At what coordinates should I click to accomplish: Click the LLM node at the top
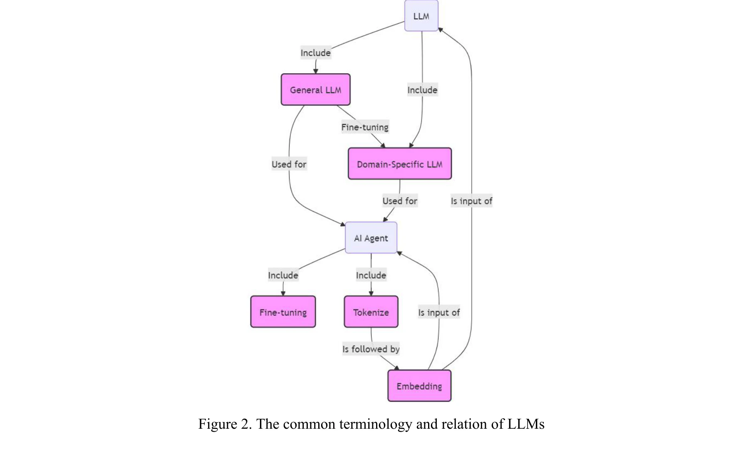tap(421, 16)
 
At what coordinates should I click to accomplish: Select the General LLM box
tap(315, 90)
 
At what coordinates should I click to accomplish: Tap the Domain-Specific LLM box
tap(399, 164)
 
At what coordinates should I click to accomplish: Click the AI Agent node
tap(371, 238)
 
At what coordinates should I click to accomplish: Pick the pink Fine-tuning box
tap(283, 312)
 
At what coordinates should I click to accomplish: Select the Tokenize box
tap(371, 312)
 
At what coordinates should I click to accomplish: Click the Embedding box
tap(419, 386)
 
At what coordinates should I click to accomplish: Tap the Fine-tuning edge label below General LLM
tap(365, 127)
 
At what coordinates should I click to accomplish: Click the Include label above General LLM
tap(315, 53)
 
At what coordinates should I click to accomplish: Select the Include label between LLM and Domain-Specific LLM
tap(422, 90)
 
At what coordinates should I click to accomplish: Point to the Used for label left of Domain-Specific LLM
tap(289, 164)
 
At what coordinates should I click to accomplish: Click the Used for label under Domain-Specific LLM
tap(399, 201)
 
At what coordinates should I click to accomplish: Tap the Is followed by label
tap(371, 349)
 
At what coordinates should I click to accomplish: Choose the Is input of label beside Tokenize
tap(438, 312)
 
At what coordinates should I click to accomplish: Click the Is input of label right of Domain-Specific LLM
tap(471, 201)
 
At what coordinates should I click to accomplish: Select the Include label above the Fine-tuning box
tap(283, 275)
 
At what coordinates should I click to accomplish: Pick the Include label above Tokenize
tap(371, 275)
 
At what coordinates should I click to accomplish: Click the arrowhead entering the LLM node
tap(441, 30)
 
